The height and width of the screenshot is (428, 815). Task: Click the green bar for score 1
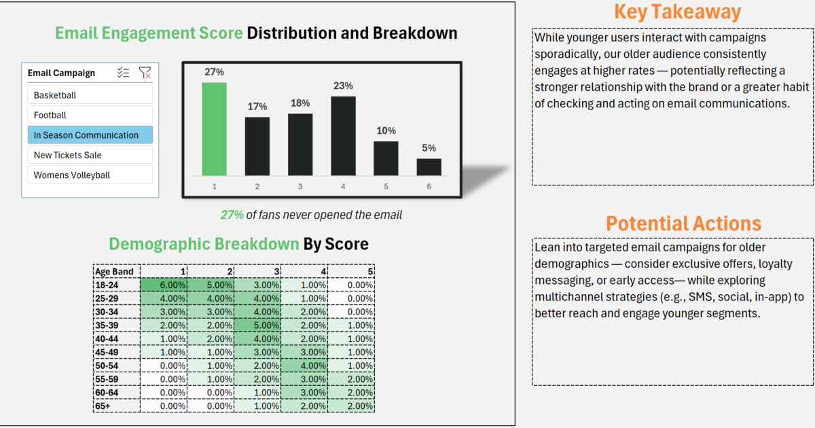tap(215, 129)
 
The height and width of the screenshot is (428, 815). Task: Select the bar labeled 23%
tap(343, 136)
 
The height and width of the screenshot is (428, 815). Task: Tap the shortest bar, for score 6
tap(429, 167)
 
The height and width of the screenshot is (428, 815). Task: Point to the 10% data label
tap(386, 130)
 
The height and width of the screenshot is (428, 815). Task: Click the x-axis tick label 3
tap(300, 186)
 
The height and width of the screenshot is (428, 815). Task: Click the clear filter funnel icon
tap(145, 73)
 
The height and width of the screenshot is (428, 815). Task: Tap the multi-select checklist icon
tap(124, 73)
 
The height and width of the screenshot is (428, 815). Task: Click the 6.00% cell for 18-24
tap(164, 285)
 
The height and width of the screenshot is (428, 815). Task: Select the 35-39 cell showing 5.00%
tap(257, 325)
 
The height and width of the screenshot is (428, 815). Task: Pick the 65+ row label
tap(103, 406)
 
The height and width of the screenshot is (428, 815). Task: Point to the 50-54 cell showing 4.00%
tap(304, 365)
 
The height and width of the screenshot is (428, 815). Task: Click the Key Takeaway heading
tap(678, 12)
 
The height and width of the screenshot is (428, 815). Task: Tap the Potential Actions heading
tap(683, 224)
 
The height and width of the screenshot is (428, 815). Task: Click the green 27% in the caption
tap(232, 215)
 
